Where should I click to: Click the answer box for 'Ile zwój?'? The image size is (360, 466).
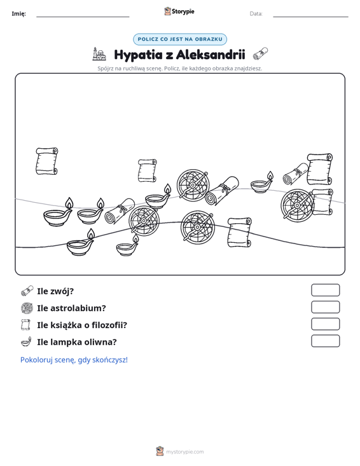325,290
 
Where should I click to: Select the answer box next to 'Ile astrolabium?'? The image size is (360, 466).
325,307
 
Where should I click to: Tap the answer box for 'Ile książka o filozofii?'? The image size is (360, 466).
325,324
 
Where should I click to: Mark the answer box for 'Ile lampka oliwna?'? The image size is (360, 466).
325,341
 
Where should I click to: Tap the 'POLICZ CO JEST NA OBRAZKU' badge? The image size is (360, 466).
180,39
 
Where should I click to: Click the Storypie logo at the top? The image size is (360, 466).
179,11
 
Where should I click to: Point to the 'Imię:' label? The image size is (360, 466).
18,14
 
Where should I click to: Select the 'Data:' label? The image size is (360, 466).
256,14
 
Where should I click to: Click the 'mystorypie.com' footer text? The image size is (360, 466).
184,452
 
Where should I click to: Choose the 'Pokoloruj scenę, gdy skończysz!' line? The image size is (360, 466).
74,360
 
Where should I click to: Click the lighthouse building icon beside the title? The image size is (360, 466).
99,54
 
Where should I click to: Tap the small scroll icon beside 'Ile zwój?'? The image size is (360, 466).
27,291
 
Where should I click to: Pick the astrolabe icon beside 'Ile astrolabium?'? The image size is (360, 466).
27,308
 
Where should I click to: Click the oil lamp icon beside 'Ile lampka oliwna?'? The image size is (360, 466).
27,341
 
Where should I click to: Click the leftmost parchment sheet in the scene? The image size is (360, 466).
46,161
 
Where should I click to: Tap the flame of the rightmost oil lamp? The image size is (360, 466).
270,175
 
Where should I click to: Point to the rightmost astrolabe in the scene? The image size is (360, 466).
297,205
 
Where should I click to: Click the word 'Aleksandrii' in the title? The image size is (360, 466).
211,55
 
